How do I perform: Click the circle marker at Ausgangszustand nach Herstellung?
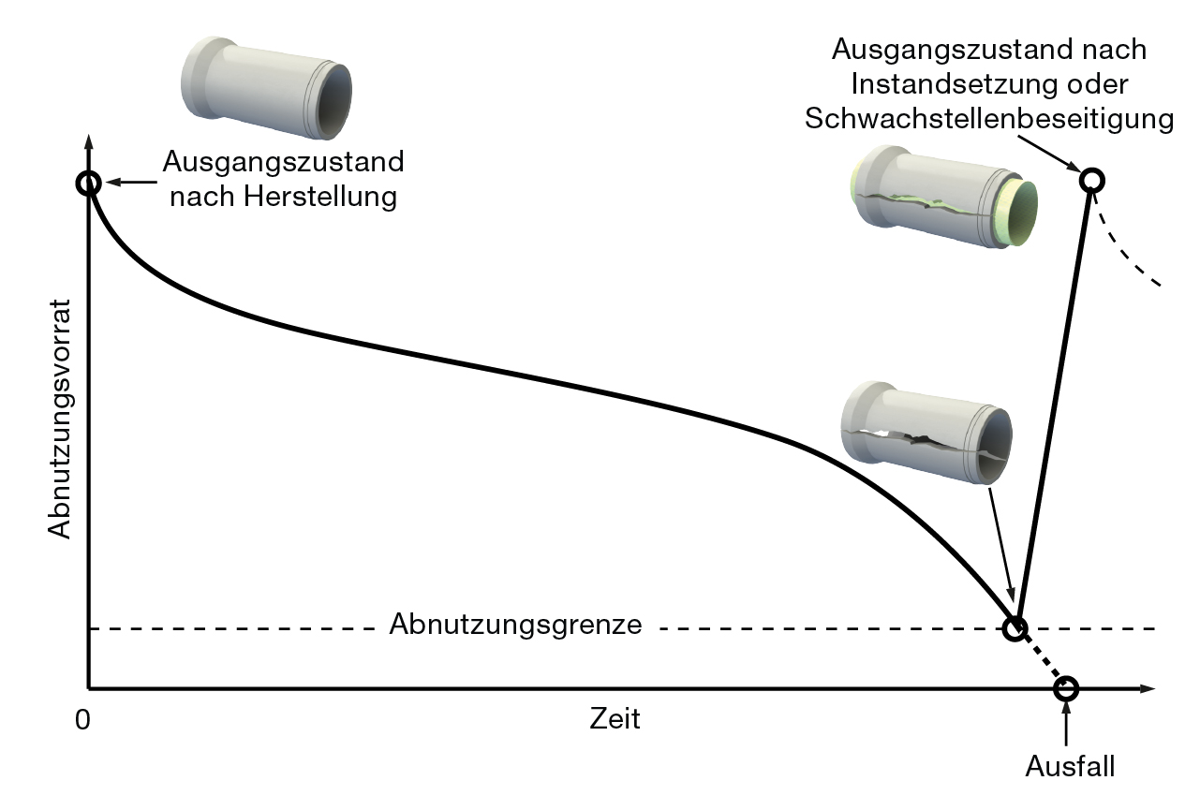88,183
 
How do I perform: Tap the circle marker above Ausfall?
1066,689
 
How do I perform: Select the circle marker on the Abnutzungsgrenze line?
1015,628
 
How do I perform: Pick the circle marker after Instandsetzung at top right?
1091,179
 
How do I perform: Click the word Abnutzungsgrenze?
516,625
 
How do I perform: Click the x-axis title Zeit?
615,719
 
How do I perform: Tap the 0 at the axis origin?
83,719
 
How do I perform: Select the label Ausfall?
1070,767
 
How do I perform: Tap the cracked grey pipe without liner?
926,434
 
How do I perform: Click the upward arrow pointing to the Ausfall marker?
1066,725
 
